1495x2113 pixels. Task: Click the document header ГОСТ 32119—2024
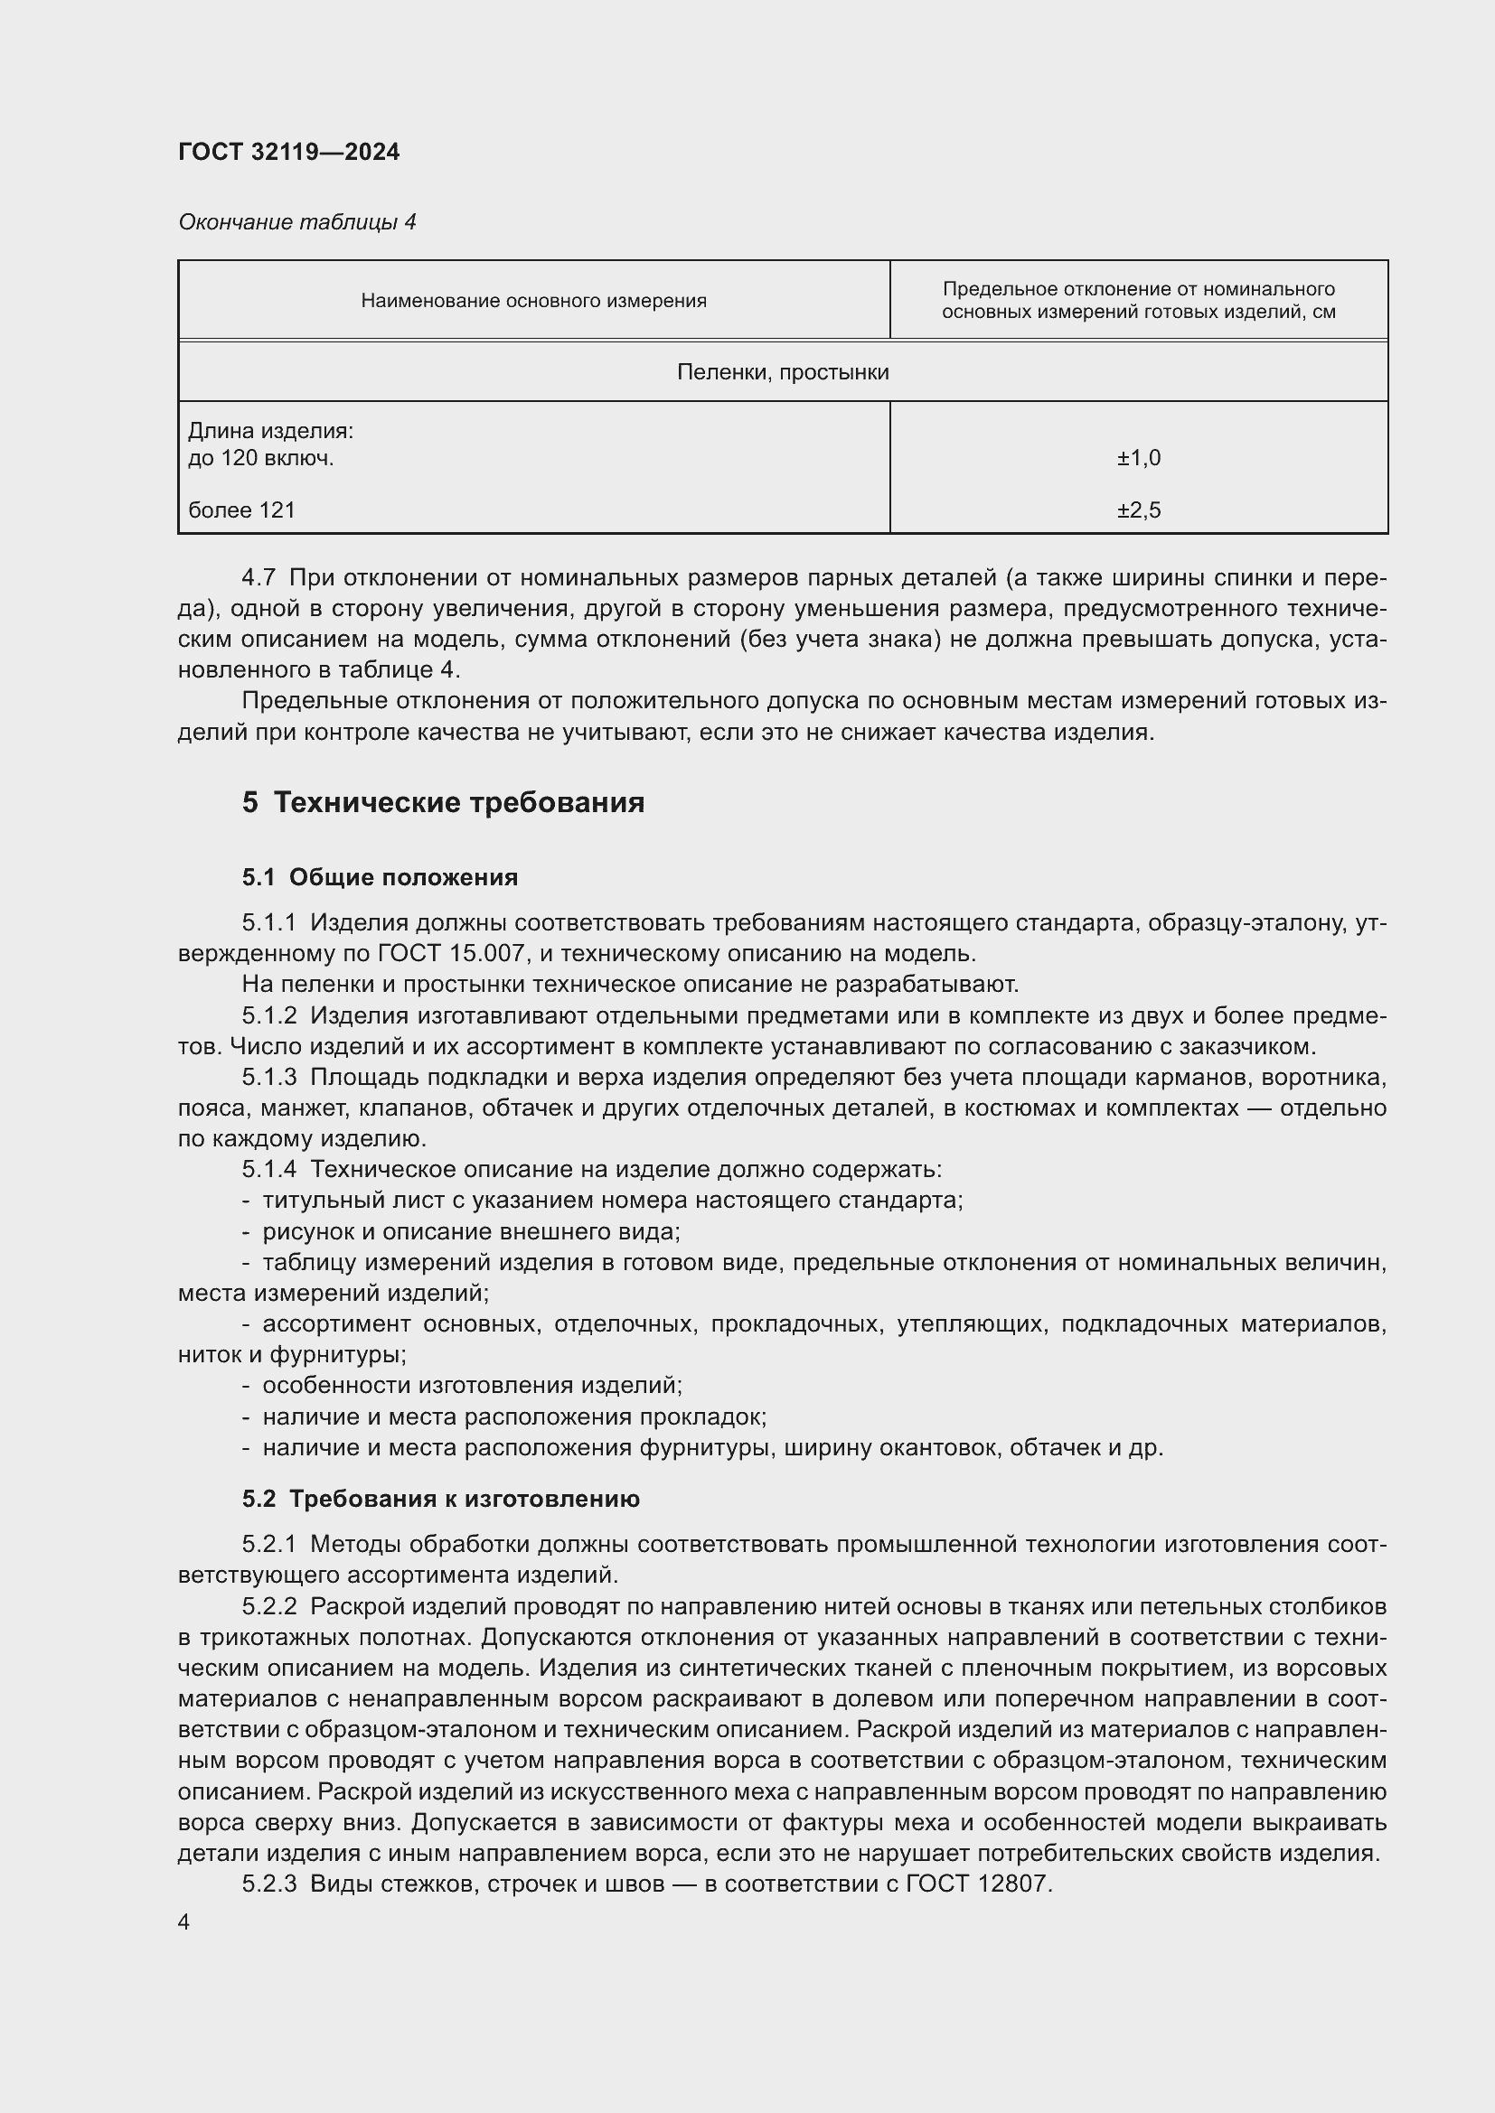click(288, 152)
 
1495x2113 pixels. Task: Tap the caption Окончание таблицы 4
click(296, 222)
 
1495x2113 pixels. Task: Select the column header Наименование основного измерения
click(533, 301)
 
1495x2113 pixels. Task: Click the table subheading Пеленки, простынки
click(783, 373)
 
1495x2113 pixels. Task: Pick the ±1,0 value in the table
click(1139, 457)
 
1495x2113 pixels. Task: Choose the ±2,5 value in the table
click(1139, 510)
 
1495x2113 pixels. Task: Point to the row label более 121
click(241, 510)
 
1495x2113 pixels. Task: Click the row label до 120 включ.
click(260, 457)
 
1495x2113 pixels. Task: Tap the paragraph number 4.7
click(259, 578)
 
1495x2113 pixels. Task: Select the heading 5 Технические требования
click(443, 802)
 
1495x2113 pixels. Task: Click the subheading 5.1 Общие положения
click(380, 877)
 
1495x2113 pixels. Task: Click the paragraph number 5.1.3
click(269, 1077)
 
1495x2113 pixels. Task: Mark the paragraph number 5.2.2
click(269, 1606)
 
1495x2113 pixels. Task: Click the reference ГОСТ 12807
click(978, 1884)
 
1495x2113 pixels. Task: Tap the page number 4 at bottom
click(184, 1922)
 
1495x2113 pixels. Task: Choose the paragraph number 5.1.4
click(269, 1170)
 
